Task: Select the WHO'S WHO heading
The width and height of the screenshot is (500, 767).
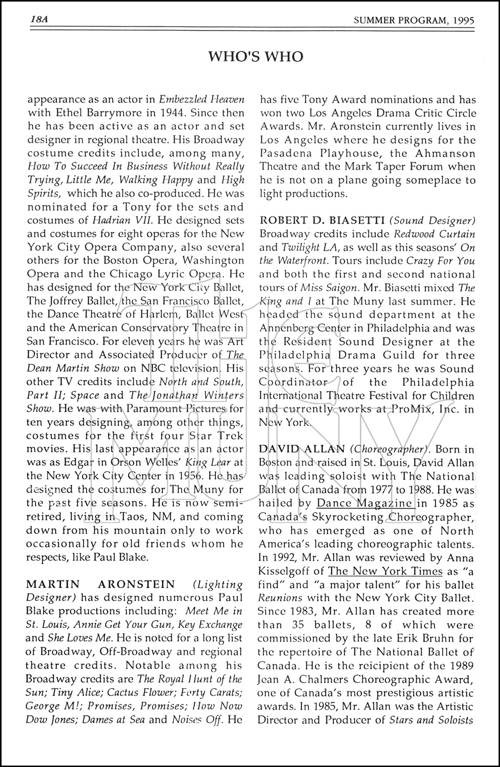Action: click(255, 56)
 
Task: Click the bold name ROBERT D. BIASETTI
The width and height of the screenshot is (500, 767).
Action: click(322, 220)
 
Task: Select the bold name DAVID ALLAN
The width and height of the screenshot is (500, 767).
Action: click(302, 449)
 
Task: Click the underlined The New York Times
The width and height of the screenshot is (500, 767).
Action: click(385, 571)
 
